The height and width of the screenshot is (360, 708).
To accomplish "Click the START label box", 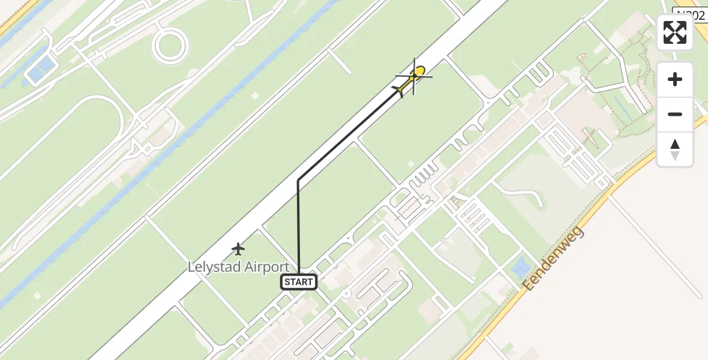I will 299,282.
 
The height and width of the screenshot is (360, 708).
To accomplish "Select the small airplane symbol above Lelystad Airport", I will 239,248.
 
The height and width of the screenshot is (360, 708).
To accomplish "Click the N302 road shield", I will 690,15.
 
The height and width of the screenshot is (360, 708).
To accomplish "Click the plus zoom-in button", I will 675,79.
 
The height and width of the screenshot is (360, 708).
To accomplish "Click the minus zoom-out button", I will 675,114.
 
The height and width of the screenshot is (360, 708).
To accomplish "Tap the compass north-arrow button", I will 675,149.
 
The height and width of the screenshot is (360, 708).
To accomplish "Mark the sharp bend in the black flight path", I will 298,180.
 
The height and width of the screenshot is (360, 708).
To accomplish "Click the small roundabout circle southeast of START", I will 346,293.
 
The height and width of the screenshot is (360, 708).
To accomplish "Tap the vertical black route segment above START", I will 298,228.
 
